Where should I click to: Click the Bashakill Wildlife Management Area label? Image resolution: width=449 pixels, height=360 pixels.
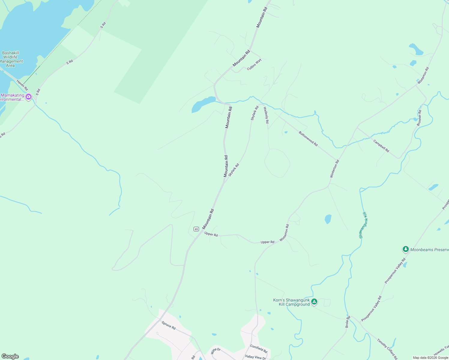click(x=11, y=59)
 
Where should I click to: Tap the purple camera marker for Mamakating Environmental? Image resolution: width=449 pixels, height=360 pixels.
click(x=29, y=97)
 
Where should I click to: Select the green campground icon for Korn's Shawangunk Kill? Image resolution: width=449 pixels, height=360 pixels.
click(x=314, y=302)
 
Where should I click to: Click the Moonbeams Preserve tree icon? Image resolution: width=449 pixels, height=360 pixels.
click(x=405, y=249)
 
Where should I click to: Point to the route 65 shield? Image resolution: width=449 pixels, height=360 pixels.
click(x=196, y=229)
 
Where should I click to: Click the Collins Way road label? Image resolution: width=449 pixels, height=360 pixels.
click(x=254, y=64)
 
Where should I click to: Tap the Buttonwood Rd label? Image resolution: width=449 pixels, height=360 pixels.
click(x=308, y=139)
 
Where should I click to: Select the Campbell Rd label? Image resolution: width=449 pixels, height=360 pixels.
click(x=381, y=146)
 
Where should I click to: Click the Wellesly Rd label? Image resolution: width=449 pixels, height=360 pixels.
click(x=266, y=115)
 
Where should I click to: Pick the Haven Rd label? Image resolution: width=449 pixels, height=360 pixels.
click(x=22, y=85)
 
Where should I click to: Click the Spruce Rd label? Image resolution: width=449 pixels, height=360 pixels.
click(x=169, y=325)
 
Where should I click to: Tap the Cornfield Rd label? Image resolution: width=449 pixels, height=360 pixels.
click(x=259, y=349)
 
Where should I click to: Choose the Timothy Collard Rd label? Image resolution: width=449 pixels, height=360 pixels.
click(x=387, y=349)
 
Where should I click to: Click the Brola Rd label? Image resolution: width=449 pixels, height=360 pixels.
click(x=348, y=322)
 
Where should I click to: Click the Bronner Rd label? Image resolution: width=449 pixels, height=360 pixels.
click(x=419, y=118)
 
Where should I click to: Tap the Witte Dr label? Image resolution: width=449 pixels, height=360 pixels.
click(x=215, y=351)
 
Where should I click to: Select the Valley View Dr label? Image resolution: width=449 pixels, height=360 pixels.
click(x=255, y=357)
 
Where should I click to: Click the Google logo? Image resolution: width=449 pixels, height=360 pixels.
click(x=10, y=356)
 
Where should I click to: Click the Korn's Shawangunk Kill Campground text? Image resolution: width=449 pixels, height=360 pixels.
click(x=291, y=302)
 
